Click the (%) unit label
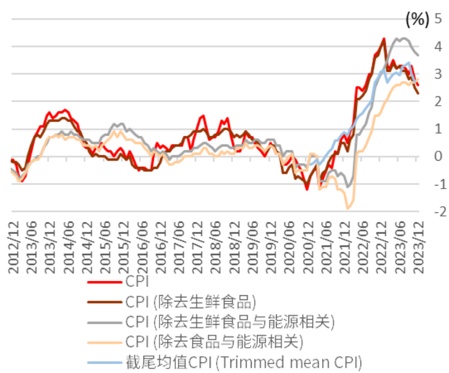click(417, 20)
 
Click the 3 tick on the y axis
click(438, 74)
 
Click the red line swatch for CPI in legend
click(105, 282)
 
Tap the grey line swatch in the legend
click(105, 322)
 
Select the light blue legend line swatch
click(105, 362)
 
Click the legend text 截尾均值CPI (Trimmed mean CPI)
click(243, 362)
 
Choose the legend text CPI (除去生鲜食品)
click(191, 302)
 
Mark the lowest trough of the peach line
click(348, 208)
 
